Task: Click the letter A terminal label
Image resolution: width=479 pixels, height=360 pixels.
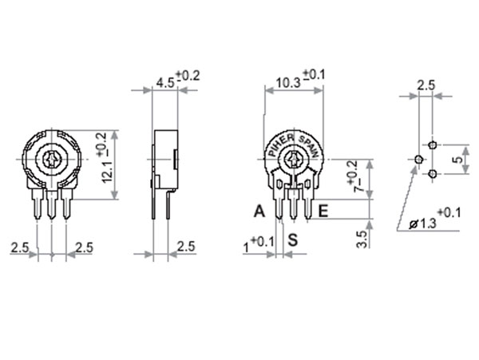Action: tap(258, 212)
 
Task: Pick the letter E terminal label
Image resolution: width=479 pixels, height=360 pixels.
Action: tap(323, 212)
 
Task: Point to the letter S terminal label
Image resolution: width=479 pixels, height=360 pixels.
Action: tap(293, 238)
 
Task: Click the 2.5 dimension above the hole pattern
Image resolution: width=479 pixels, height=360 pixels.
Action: tap(426, 85)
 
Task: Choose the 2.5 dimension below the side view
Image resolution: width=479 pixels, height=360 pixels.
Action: tap(185, 247)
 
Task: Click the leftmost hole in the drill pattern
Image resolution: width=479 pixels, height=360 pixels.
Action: tap(418, 160)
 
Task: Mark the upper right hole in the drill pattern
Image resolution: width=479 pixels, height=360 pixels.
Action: tap(433, 145)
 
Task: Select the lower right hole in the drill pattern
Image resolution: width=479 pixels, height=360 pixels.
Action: tap(433, 174)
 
